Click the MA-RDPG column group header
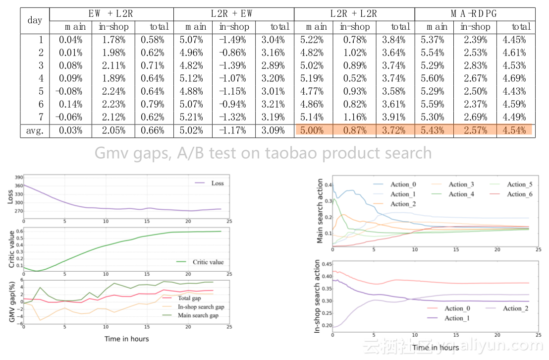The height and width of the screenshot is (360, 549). click(x=474, y=14)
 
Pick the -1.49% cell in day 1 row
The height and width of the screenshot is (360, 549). click(x=234, y=40)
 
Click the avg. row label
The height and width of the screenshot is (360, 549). click(x=35, y=130)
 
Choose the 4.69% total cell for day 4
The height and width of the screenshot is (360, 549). click(x=515, y=78)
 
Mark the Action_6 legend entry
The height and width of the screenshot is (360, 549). click(x=519, y=194)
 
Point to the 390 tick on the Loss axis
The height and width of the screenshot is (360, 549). click(x=19, y=178)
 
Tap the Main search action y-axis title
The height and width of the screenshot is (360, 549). click(x=320, y=212)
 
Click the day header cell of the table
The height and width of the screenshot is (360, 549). click(x=35, y=20)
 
